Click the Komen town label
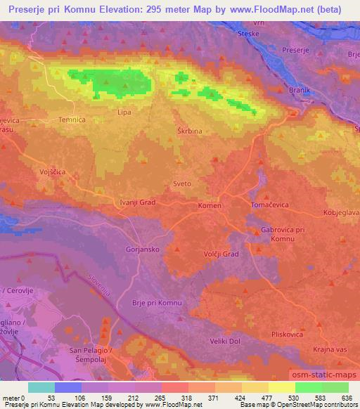(210, 206)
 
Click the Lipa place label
(123, 112)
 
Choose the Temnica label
(72, 120)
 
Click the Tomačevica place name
(271, 204)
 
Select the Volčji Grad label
(221, 254)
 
